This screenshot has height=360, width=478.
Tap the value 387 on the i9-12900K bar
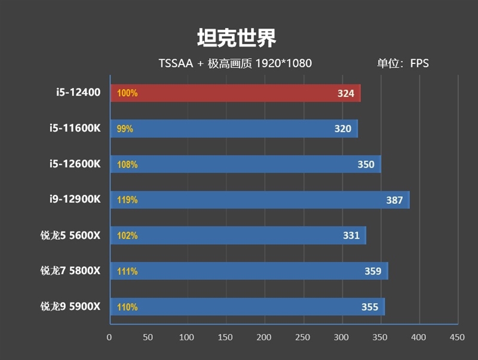coord(394,200)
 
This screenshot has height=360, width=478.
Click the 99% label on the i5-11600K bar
coord(125,129)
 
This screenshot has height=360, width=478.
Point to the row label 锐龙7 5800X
coord(71,271)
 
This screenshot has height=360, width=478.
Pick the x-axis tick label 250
coord(304,338)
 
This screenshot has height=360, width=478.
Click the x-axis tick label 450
coord(457,338)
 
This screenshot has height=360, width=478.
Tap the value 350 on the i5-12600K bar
coord(366,164)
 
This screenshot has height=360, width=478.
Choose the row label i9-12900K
coord(75,200)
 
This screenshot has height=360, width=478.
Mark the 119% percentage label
coord(127,200)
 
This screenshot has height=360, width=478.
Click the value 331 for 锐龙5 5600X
coord(351,236)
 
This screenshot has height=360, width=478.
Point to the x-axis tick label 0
coord(109,338)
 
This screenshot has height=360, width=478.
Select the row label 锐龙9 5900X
coord(71,307)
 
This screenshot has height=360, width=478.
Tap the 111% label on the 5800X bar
coord(127,271)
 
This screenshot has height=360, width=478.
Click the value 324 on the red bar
coord(345,93)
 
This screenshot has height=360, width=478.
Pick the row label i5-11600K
coord(75,128)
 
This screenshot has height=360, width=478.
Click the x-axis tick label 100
coord(187,338)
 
